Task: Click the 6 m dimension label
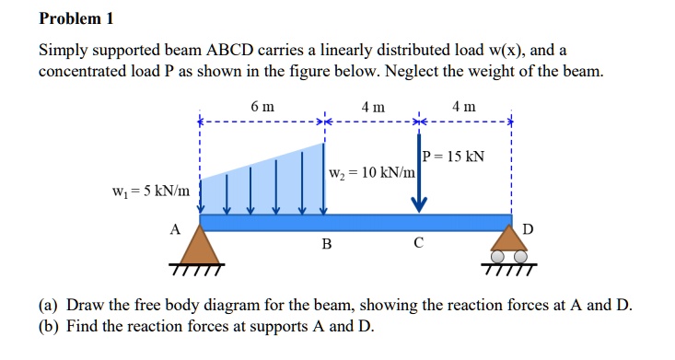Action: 262,107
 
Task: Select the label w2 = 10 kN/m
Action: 370,174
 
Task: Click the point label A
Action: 175,230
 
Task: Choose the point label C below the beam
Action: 419,245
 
